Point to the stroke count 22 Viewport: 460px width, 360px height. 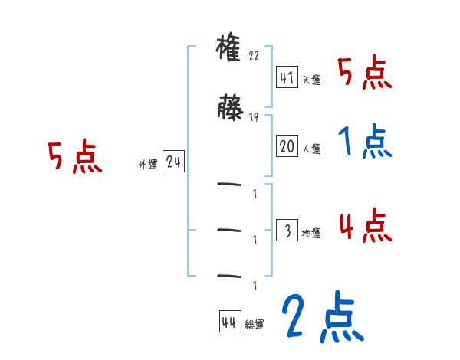click(x=255, y=56)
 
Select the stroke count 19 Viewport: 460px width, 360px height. click(x=254, y=117)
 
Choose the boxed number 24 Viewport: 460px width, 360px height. click(x=173, y=162)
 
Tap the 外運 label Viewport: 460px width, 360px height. click(x=147, y=164)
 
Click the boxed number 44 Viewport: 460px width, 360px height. click(x=229, y=322)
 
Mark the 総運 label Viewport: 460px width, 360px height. click(x=255, y=324)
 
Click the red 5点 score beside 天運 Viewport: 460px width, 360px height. click(x=365, y=73)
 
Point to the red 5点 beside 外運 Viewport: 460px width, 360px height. click(x=74, y=158)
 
